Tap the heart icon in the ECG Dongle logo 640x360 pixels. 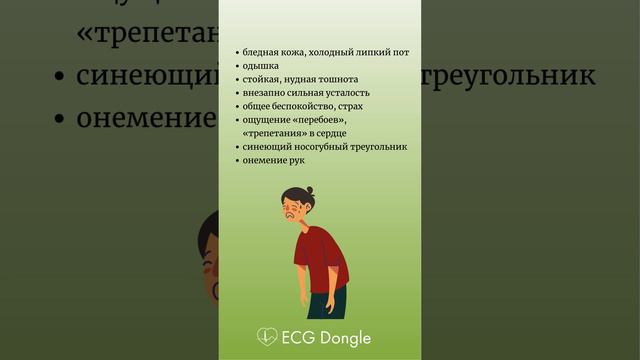[x=267, y=338]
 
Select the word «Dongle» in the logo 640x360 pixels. [x=345, y=338]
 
